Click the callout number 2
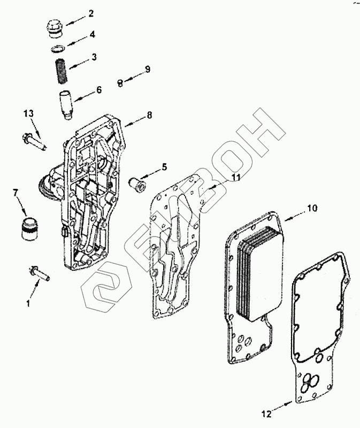91,12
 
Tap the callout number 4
93,34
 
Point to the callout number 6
99,90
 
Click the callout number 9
148,69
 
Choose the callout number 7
15,192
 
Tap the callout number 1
28,303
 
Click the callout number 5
164,167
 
